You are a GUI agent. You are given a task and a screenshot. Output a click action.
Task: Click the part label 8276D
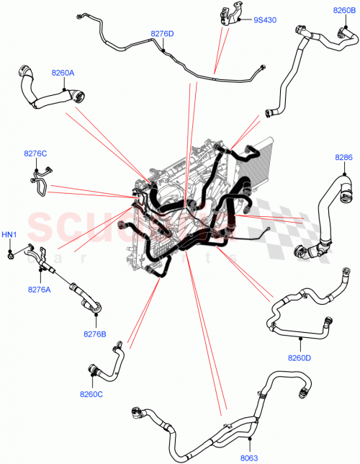[x=163, y=34]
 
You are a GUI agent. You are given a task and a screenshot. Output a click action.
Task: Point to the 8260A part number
[x=63, y=73]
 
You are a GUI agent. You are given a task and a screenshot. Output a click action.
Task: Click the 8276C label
[x=35, y=153]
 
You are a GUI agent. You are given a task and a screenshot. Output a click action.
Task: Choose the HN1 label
[x=9, y=235]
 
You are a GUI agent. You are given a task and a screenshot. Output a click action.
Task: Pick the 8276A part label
[x=39, y=290]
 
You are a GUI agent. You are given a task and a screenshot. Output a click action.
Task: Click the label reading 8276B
[x=93, y=334]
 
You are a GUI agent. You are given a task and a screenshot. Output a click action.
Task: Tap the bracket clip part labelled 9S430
[x=225, y=16]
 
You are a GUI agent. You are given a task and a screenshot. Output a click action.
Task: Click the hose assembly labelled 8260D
[x=302, y=310]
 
